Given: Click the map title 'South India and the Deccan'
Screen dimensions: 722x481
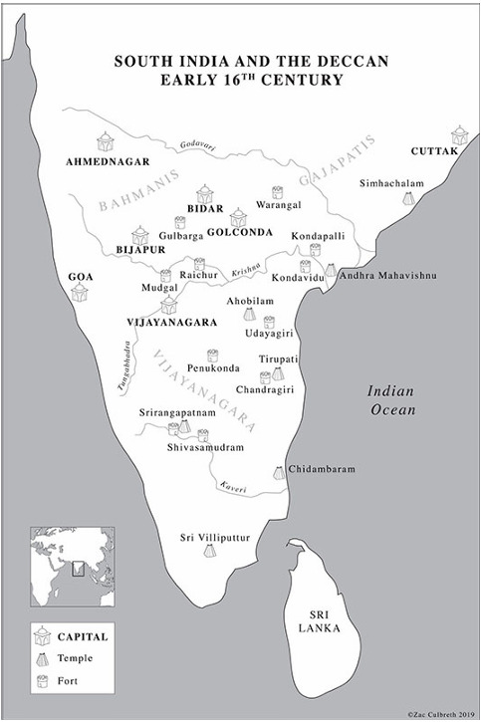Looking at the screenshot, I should pos(240,61).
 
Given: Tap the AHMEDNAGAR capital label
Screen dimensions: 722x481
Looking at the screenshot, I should pos(108,160).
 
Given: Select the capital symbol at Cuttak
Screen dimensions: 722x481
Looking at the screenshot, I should pos(458,135).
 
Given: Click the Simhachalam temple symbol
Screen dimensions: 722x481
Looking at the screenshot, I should pos(408,199).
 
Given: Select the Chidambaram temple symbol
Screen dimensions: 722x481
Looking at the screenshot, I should pos(280,472).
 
